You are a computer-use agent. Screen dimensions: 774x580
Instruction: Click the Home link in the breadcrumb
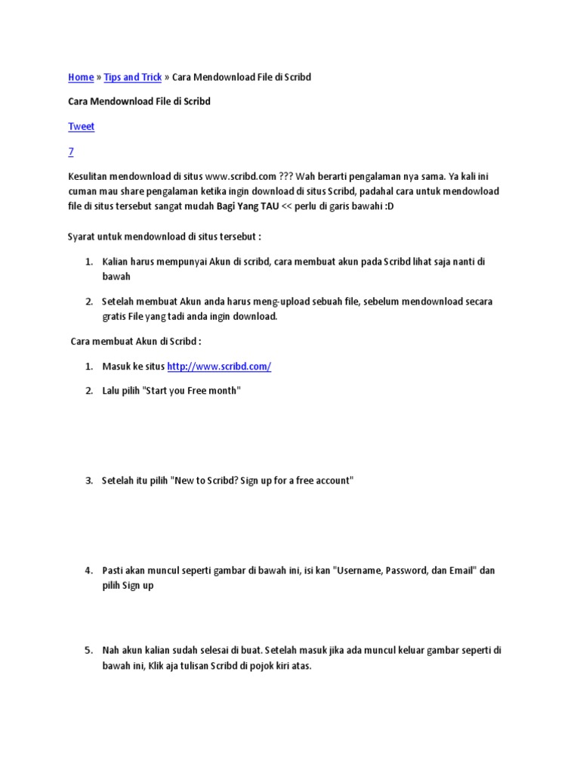(x=81, y=77)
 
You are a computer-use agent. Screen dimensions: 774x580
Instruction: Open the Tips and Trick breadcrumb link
(x=133, y=77)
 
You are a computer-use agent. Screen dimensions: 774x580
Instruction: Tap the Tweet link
(x=81, y=126)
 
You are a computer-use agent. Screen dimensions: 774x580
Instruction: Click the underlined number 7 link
(x=71, y=152)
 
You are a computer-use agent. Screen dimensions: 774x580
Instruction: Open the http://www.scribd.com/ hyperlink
(x=219, y=367)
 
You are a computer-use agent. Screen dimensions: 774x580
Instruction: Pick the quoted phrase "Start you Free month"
(x=191, y=391)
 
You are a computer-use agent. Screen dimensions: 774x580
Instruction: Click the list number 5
(x=88, y=650)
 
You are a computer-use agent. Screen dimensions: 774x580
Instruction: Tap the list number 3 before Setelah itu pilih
(x=88, y=481)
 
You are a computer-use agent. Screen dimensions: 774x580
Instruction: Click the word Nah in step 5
(x=111, y=650)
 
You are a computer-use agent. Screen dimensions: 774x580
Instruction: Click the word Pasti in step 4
(x=114, y=570)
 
